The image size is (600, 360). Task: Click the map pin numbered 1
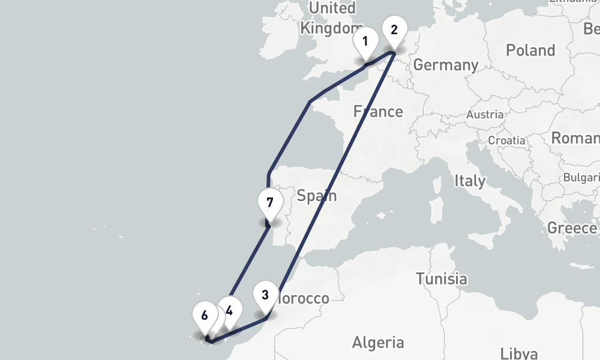click(365, 43)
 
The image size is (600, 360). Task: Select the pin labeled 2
click(394, 29)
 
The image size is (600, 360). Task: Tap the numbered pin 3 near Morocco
click(265, 295)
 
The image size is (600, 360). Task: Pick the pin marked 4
click(230, 310)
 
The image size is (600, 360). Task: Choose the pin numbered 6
click(205, 315)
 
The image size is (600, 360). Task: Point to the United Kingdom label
click(330, 18)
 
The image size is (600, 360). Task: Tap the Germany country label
click(446, 65)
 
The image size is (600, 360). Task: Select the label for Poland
click(530, 50)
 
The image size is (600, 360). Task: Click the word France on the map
click(378, 111)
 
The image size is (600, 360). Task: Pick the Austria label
click(485, 114)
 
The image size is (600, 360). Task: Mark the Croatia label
click(507, 140)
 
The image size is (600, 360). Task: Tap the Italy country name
click(470, 180)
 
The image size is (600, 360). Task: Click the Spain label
click(317, 196)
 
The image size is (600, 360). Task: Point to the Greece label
click(572, 228)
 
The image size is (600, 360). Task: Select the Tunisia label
click(442, 278)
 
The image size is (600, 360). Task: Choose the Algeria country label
click(378, 343)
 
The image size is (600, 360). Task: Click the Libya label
click(520, 352)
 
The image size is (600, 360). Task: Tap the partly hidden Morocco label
click(305, 298)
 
